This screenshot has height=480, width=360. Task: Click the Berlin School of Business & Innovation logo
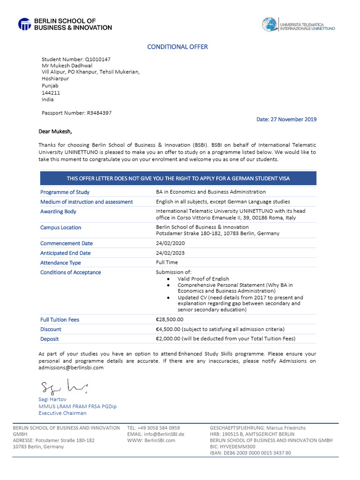tap(65, 24)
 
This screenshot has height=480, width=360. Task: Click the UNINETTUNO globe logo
tap(270, 24)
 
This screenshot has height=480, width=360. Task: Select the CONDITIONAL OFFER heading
tap(177, 47)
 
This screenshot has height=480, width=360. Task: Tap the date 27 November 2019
tap(286, 120)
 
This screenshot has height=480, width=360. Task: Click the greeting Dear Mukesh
tap(55, 132)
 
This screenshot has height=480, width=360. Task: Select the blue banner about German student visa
tap(178, 178)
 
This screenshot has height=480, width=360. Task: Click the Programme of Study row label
tap(65, 192)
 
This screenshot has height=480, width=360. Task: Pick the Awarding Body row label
tap(58, 212)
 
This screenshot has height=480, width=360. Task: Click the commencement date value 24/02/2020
tap(170, 243)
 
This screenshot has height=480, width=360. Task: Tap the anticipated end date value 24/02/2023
tap(170, 253)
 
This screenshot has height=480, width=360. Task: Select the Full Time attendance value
tap(167, 262)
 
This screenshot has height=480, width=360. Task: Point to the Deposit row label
tap(49, 339)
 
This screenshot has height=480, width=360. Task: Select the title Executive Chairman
tap(62, 413)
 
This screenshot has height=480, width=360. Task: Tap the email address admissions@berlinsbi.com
tap(71, 368)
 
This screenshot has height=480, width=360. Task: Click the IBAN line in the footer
tap(250, 453)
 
